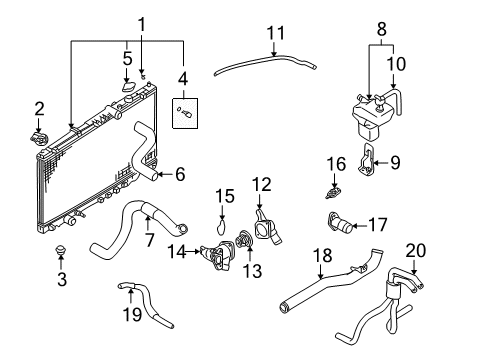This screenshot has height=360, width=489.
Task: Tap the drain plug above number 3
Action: coord(61,250)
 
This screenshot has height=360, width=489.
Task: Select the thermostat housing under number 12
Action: coord(264,224)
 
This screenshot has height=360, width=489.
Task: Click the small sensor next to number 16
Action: coord(335,186)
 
